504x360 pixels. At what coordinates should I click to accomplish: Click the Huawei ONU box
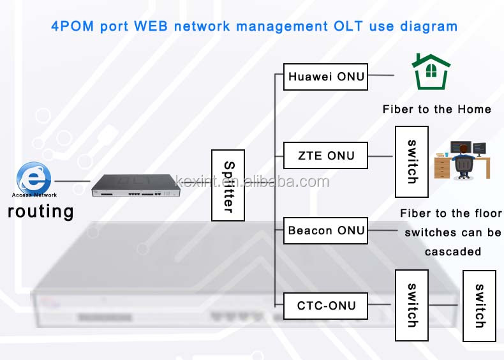click(325, 77)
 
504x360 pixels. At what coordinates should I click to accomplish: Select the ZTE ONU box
click(325, 156)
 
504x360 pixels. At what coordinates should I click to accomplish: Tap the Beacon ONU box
click(325, 230)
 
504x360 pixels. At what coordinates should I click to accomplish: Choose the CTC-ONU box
click(325, 306)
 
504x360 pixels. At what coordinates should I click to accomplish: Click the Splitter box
click(228, 186)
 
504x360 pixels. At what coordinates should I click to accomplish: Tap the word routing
click(40, 211)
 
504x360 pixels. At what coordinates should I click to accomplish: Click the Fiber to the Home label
click(436, 109)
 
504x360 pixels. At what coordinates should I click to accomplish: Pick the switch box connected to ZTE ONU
click(411, 161)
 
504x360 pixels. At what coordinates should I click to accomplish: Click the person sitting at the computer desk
click(462, 160)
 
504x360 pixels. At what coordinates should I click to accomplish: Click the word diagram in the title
click(426, 26)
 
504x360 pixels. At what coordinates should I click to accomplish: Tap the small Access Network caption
click(34, 195)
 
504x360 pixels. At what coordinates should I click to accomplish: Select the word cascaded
click(453, 251)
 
